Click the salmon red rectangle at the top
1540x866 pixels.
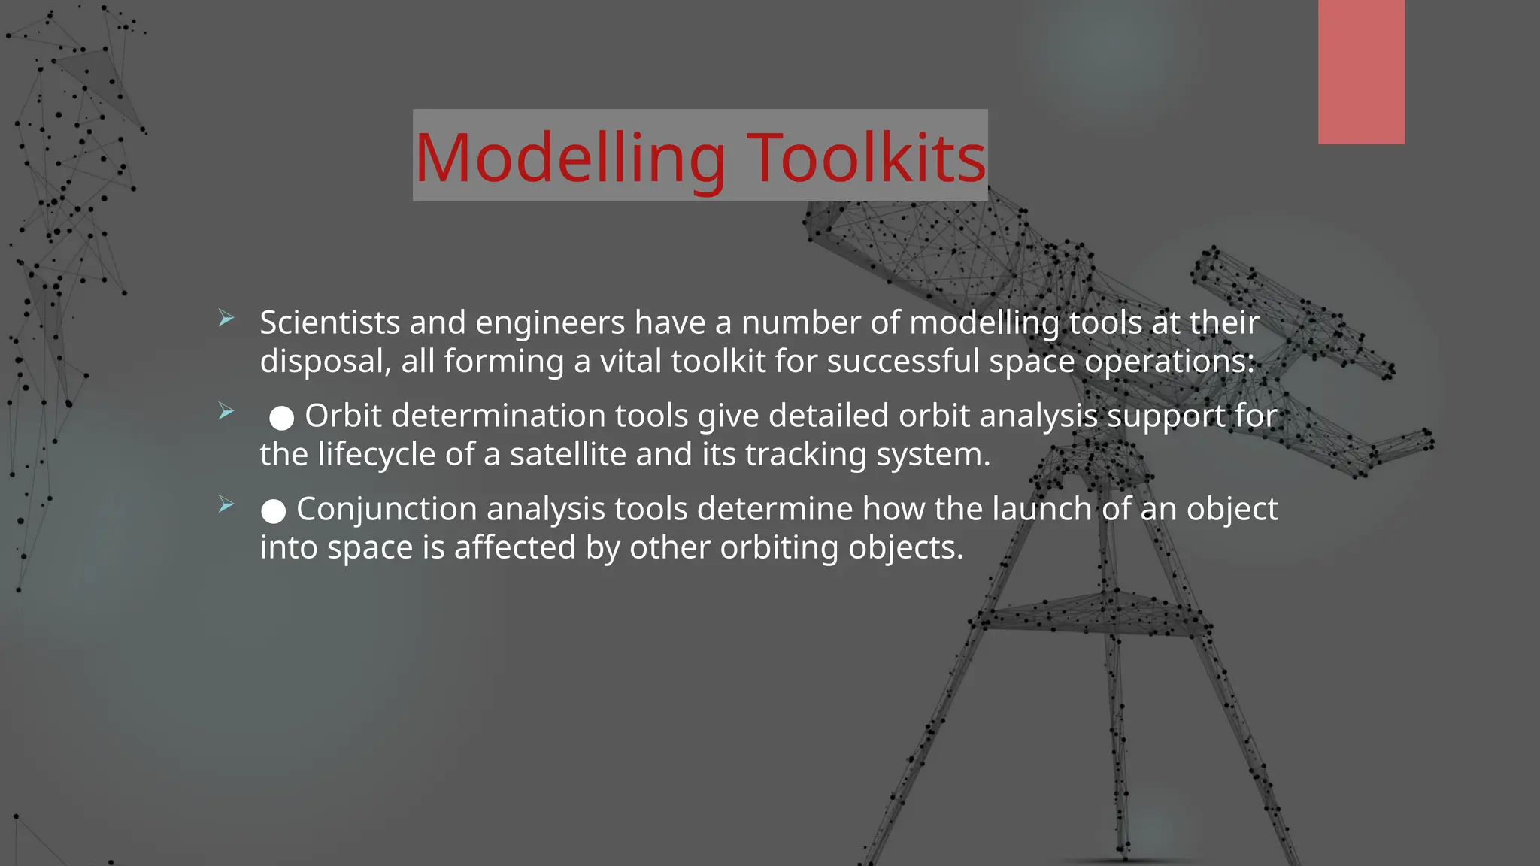click(1361, 72)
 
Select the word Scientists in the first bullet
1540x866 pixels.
click(329, 322)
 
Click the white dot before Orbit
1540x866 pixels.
click(282, 418)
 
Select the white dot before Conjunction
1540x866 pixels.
click(274, 511)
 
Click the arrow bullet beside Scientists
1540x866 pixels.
click(226, 319)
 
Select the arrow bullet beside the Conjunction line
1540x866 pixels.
click(226, 504)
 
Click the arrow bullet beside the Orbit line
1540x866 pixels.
click(226, 411)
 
